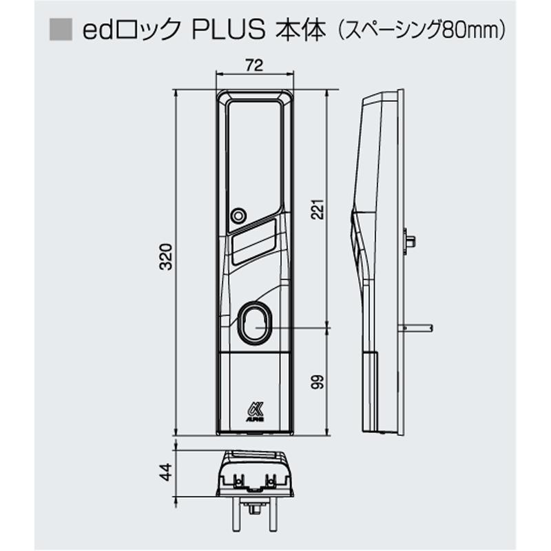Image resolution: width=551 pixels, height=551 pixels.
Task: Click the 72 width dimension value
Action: [x=255, y=66]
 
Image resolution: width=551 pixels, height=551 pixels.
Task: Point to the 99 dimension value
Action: [x=318, y=383]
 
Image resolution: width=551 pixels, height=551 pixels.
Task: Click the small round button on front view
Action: [x=238, y=216]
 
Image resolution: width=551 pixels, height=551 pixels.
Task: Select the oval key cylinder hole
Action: [x=255, y=322]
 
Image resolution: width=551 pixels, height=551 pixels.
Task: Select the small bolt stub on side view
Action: [x=410, y=240]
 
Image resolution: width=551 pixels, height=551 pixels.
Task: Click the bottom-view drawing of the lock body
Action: [x=254, y=475]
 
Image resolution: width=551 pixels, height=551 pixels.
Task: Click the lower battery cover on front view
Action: [x=254, y=393]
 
